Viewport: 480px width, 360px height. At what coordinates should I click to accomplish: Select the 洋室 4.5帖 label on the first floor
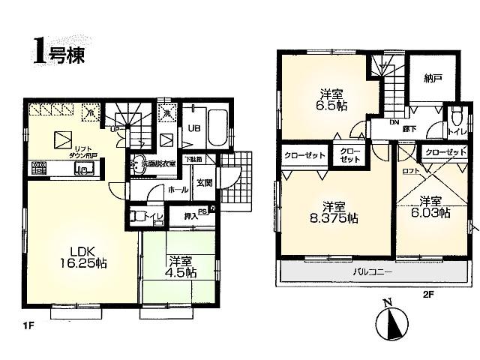tap(178, 267)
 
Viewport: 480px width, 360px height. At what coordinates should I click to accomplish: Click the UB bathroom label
tap(192, 128)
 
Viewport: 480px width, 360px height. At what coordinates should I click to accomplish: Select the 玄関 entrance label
tap(205, 181)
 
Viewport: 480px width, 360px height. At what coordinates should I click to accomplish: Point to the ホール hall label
tap(178, 190)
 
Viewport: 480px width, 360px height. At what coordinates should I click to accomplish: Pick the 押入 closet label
tap(192, 216)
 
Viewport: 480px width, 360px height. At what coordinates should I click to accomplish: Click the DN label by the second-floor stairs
tap(394, 121)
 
